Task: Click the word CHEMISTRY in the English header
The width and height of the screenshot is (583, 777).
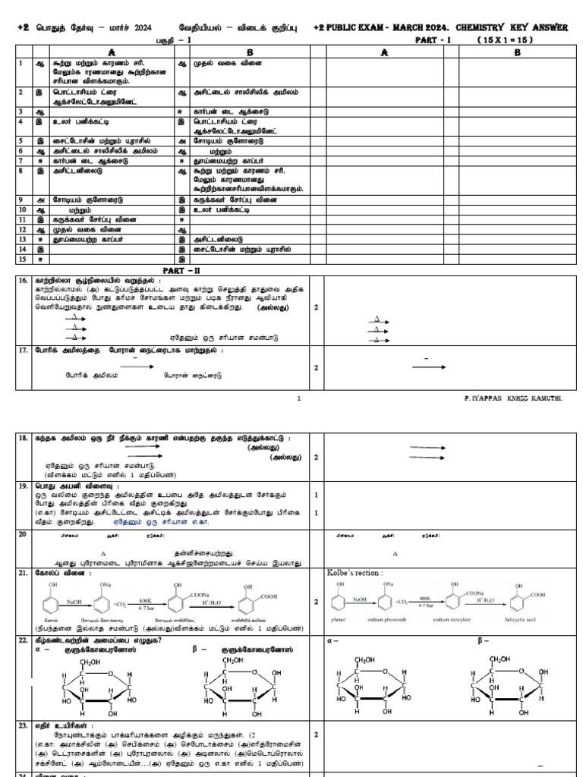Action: [464, 28]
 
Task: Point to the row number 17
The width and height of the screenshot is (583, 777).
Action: [24, 350]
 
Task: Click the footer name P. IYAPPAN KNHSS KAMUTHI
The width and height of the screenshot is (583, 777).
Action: [514, 398]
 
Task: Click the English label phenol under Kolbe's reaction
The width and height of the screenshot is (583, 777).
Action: [340, 619]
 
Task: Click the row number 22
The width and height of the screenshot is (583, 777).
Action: [24, 641]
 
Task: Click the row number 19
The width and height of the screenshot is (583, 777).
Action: [24, 485]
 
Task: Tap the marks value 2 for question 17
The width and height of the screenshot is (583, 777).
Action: [316, 367]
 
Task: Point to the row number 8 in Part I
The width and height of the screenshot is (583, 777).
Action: [20, 171]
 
